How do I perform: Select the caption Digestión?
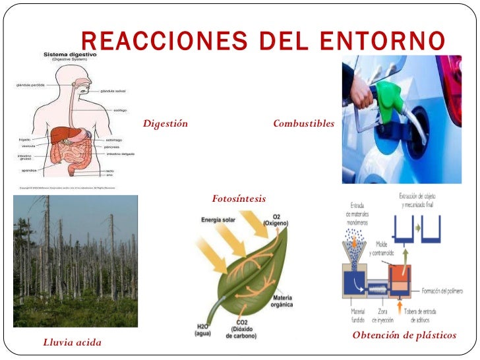pos(165,124)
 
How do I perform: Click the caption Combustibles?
pos(303,124)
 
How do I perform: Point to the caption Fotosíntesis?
pos(239,198)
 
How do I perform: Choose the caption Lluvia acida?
pos(72,342)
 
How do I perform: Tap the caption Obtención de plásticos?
pos(404,336)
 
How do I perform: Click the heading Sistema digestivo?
pos(69,54)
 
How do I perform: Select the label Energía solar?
pos(223,220)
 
